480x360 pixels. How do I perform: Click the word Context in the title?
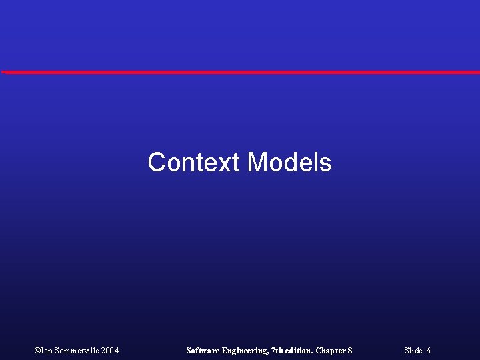(194, 162)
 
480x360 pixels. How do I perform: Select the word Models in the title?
(289, 162)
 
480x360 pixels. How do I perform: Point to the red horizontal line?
(240, 72)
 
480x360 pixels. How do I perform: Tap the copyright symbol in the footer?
(37, 351)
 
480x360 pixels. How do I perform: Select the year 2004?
(111, 351)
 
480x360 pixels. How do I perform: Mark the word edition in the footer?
(298, 351)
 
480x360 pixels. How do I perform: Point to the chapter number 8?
(349, 351)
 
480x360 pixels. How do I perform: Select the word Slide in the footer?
(413, 351)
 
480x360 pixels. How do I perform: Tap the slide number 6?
(428, 351)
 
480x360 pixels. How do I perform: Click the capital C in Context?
(157, 162)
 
